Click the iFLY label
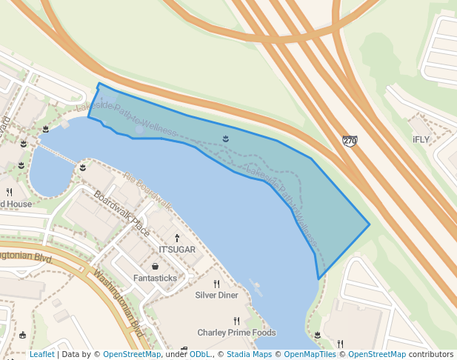pos(421,139)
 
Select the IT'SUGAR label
pos(177,250)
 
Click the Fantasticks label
pos(156,278)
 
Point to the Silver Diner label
pos(216,295)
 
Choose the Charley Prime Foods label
pos(236,333)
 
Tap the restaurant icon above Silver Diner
pos(217,284)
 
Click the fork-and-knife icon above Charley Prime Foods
pos(236,321)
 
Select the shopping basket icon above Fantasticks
pos(156,266)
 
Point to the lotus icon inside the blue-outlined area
pos(226,139)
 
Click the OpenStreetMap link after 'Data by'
pos(132,354)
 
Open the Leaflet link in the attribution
pos(42,354)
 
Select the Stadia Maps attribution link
pos(249,354)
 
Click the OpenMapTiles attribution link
pos(310,354)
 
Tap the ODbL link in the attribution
pos(199,354)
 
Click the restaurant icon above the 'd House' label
pos(9,192)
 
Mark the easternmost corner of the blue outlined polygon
pos(370,224)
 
